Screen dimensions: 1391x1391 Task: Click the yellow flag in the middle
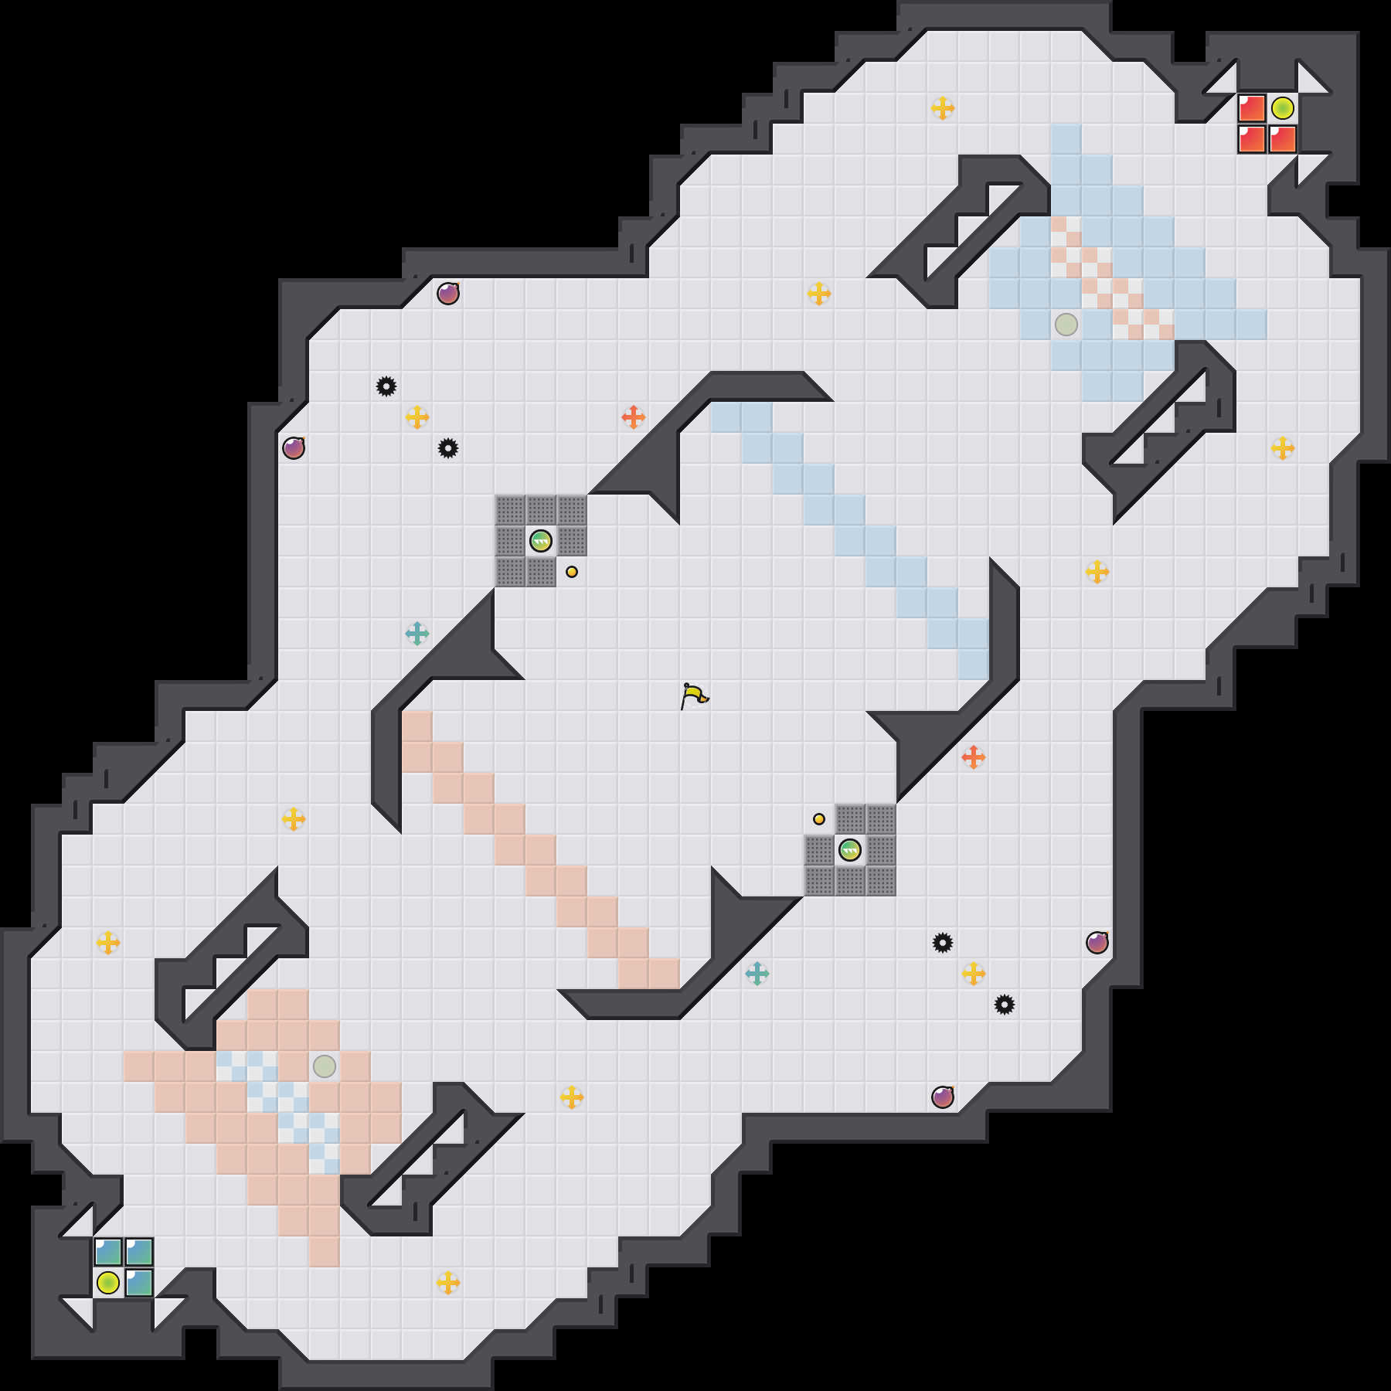694,695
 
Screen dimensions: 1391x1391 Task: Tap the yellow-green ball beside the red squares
1283,108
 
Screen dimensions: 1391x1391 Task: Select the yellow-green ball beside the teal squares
108,1283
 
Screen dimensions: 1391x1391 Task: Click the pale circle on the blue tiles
1066,325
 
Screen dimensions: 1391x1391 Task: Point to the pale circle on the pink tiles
325,1066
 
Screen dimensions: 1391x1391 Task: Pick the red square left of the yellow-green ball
1252,108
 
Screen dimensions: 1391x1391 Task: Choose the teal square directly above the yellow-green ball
108,1252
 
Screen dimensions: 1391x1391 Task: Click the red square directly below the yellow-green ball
1283,139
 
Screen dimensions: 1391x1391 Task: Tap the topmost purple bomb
448,294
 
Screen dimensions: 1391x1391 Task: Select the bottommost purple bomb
943,1097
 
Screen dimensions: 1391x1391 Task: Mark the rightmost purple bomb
1097,943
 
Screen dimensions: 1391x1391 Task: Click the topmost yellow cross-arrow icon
943,108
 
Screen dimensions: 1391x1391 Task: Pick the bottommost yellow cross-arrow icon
448,1283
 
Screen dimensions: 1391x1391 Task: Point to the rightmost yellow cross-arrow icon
1283,448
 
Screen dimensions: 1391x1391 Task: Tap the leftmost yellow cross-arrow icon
108,943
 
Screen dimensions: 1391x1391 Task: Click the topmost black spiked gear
386,386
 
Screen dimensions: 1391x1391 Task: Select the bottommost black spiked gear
1005,1005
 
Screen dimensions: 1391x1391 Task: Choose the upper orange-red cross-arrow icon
634,417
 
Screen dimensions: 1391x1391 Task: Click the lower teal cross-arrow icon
757,974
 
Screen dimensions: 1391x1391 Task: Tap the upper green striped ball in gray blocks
541,541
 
